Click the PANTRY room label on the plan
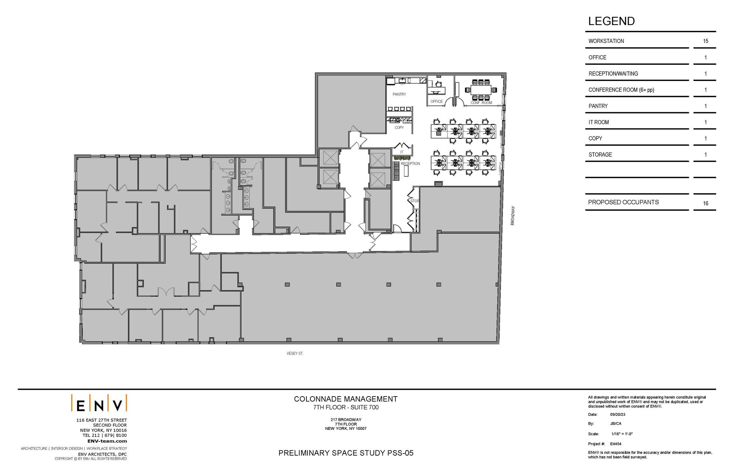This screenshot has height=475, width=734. point(399,94)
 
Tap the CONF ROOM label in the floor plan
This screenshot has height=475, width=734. point(481,103)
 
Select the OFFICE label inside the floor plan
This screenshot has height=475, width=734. point(436,101)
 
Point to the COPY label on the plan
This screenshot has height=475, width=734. point(399,128)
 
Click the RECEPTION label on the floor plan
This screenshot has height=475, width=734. point(410,164)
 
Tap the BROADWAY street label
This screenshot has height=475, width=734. point(513,215)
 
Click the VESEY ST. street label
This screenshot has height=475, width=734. point(295,353)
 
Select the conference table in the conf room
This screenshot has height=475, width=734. point(480,90)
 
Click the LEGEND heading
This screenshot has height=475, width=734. point(611,21)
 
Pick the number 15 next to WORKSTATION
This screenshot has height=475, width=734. point(705,41)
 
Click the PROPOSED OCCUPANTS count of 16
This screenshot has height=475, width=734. point(705,203)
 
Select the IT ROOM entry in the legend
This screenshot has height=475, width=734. point(599,122)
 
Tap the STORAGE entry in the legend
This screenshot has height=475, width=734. point(600,155)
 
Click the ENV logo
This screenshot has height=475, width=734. point(99,403)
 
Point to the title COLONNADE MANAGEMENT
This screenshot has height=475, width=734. point(345,399)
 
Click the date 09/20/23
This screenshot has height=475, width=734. point(618,414)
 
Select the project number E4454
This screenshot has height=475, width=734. point(616,444)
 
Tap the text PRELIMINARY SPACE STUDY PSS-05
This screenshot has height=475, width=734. point(345,453)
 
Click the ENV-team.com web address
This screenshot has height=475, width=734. point(107,441)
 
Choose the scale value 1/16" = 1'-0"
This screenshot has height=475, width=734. point(622,434)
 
